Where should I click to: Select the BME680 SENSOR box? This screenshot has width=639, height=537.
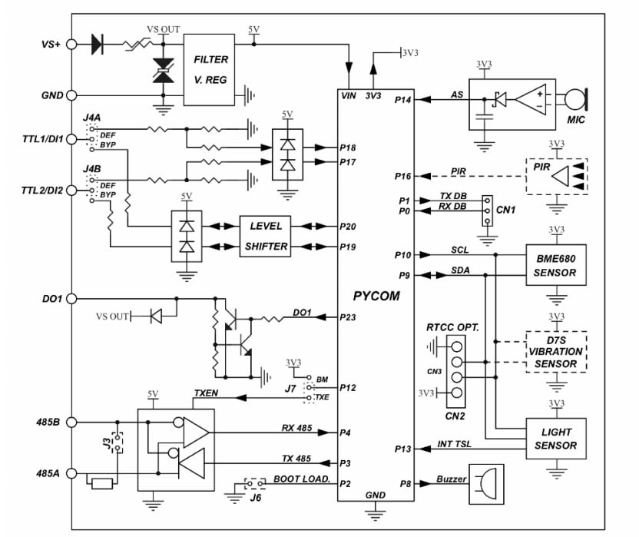tap(555, 265)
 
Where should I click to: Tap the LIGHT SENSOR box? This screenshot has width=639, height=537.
tap(555, 438)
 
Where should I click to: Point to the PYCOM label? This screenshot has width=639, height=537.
tap(376, 295)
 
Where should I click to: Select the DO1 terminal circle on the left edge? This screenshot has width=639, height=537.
tap(71, 297)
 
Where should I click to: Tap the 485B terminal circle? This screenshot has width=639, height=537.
tap(71, 422)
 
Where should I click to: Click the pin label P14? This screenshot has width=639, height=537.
tap(402, 100)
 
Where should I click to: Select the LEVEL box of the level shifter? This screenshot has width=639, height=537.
tap(266, 226)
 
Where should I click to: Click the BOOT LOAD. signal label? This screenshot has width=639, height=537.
tap(301, 479)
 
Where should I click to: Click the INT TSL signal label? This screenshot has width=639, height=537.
tap(455, 444)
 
